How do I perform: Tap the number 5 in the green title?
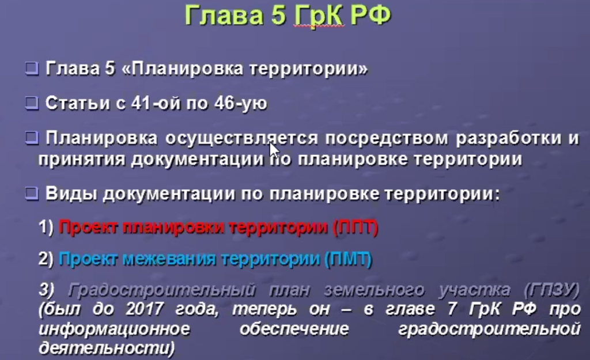[278, 16]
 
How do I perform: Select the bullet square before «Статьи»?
[32, 103]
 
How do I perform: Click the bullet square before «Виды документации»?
[32, 194]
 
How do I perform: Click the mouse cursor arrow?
[274, 150]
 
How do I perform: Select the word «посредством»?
[387, 138]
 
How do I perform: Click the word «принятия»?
[81, 160]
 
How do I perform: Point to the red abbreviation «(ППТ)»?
[355, 228]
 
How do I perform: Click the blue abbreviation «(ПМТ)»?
[349, 259]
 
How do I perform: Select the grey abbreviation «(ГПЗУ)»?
[551, 290]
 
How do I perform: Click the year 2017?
[145, 309]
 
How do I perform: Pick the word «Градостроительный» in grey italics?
[162, 290]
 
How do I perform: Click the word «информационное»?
[115, 329]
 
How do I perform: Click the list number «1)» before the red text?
[46, 227]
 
